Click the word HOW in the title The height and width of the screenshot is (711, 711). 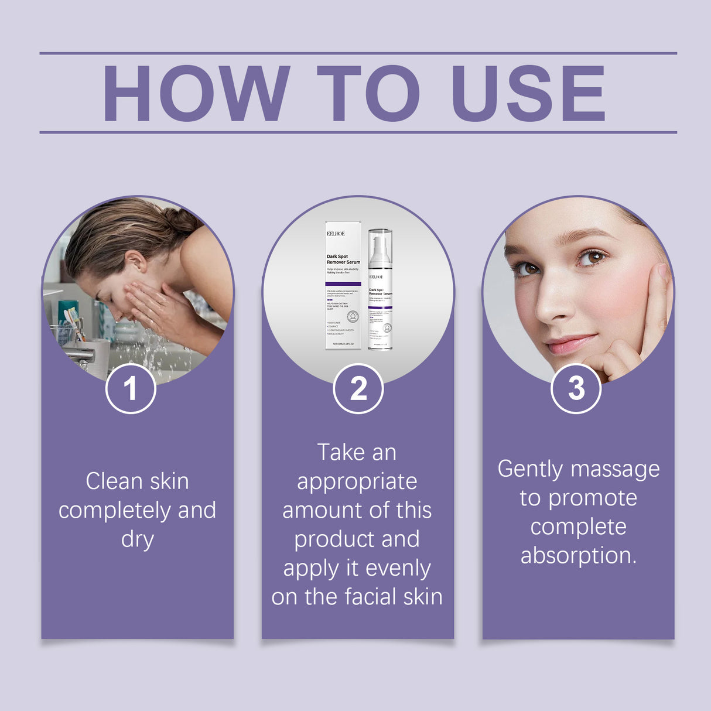click(196, 94)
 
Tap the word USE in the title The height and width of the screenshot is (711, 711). click(529, 94)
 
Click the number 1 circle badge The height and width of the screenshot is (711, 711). click(131, 388)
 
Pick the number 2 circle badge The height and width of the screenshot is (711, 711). click(358, 388)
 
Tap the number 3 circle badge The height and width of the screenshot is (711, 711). click(576, 388)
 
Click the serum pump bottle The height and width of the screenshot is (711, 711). click(380, 290)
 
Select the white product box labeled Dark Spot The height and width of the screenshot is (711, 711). click(343, 286)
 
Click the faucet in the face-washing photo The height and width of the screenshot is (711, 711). click(79, 355)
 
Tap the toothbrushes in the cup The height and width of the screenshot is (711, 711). click(73, 322)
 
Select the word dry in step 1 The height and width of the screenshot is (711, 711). click(137, 539)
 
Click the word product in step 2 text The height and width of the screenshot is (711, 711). click(332, 539)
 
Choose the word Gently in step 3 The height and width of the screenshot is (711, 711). click(530, 470)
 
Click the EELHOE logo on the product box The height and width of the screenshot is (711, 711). click(336, 234)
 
